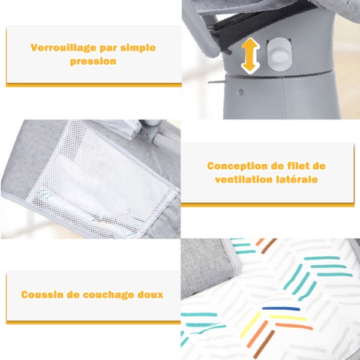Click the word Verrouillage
point(64,48)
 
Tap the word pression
point(93,62)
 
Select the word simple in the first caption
point(138,48)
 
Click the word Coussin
point(42,295)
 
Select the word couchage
point(108,295)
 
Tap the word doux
point(151,295)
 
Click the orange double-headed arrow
point(250,56)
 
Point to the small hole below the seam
point(241,92)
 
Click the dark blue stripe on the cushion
point(281,309)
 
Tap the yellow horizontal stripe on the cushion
point(287,318)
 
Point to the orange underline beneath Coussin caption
point(93,323)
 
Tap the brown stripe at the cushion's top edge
point(269,246)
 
